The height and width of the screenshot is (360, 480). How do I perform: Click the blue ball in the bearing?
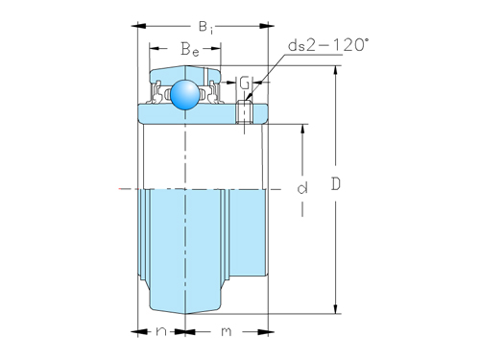pos(182,93)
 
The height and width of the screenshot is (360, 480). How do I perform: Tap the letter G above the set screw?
pos(245,84)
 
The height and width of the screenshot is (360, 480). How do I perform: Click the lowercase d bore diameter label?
pos(301,189)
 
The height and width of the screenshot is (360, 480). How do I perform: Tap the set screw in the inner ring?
pos(245,113)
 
